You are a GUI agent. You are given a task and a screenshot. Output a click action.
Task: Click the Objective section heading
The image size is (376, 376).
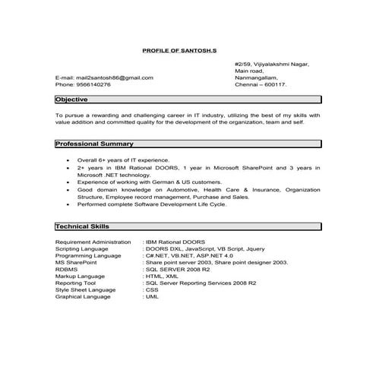72,100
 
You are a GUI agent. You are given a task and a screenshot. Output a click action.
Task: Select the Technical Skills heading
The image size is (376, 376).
83,226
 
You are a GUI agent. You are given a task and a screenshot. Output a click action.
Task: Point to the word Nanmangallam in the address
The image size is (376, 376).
256,77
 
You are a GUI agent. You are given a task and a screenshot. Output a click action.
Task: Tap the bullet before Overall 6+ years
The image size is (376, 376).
69,161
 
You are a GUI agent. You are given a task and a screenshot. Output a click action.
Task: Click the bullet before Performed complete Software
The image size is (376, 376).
69,204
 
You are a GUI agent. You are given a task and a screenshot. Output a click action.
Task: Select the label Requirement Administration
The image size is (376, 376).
93,242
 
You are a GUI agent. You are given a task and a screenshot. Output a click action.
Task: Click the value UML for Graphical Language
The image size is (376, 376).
152,295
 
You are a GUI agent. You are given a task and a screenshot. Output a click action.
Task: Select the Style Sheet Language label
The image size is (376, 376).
85,289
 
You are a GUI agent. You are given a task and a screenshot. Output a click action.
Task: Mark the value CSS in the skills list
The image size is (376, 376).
152,289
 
